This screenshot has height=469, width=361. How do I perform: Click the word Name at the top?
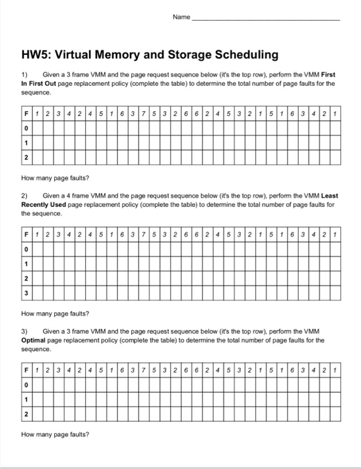182,17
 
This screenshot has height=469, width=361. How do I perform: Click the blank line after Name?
266,18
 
